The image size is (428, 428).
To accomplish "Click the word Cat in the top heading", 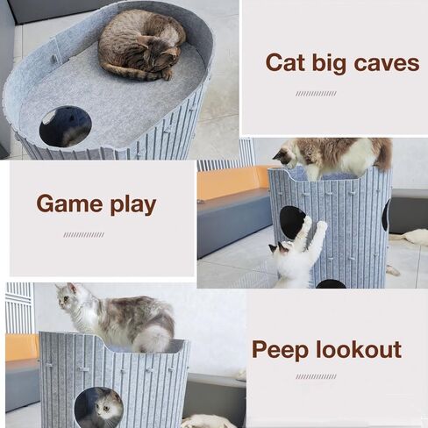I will pos(286,63).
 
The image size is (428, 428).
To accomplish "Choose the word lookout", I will pos(359,351).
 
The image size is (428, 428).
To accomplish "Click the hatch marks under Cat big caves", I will pos(316,93).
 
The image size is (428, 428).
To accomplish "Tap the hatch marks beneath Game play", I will pos(83,235).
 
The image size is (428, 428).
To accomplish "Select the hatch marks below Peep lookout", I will pos(316,377).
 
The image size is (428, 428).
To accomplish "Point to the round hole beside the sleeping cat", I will pos(65,126).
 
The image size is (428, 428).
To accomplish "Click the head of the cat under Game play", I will pos(70,299).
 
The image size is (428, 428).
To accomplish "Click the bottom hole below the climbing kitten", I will pos(331,283).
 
